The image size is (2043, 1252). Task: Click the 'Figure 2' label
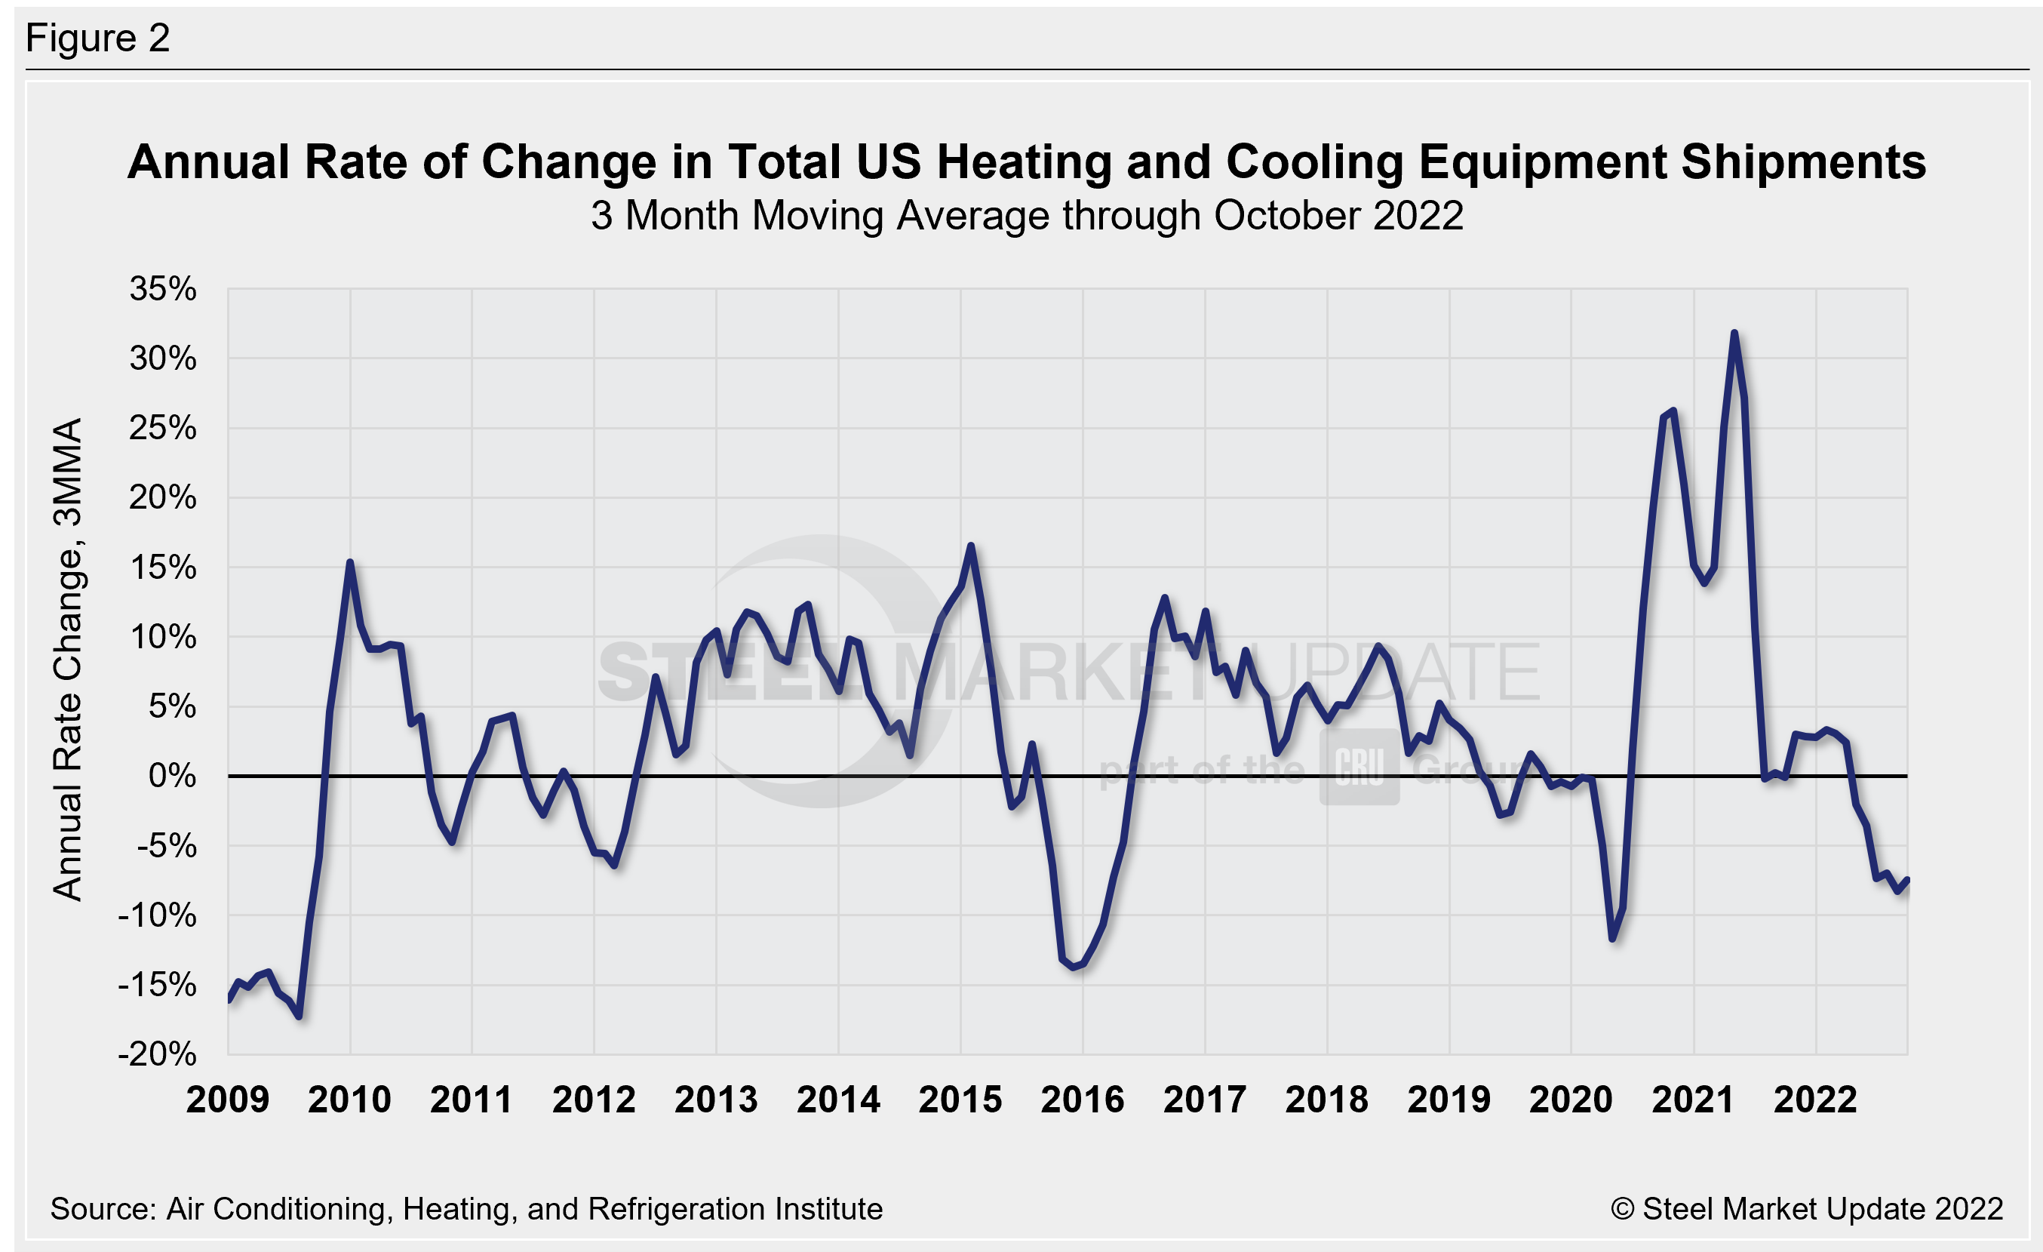pos(98,38)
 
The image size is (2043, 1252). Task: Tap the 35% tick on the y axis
pos(164,289)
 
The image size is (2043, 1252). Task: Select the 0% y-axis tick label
pos(173,776)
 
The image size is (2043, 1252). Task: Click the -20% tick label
pos(158,1055)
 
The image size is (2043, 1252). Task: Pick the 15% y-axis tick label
pos(164,568)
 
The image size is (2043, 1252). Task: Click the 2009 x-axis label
pos(228,1100)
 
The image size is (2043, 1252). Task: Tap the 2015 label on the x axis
pos(960,1100)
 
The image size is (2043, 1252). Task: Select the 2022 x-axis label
pos(1815,1100)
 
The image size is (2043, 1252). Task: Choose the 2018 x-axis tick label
pos(1326,1100)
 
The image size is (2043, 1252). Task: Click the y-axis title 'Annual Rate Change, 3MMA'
pos(68,659)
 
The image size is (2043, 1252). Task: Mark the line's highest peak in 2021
pos(1734,334)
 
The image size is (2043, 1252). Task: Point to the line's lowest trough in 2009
pos(299,1016)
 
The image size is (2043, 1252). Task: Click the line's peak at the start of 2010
pos(350,563)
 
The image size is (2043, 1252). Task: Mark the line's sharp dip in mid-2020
pos(1613,939)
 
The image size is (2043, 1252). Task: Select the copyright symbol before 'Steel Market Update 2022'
pos(1622,1209)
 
